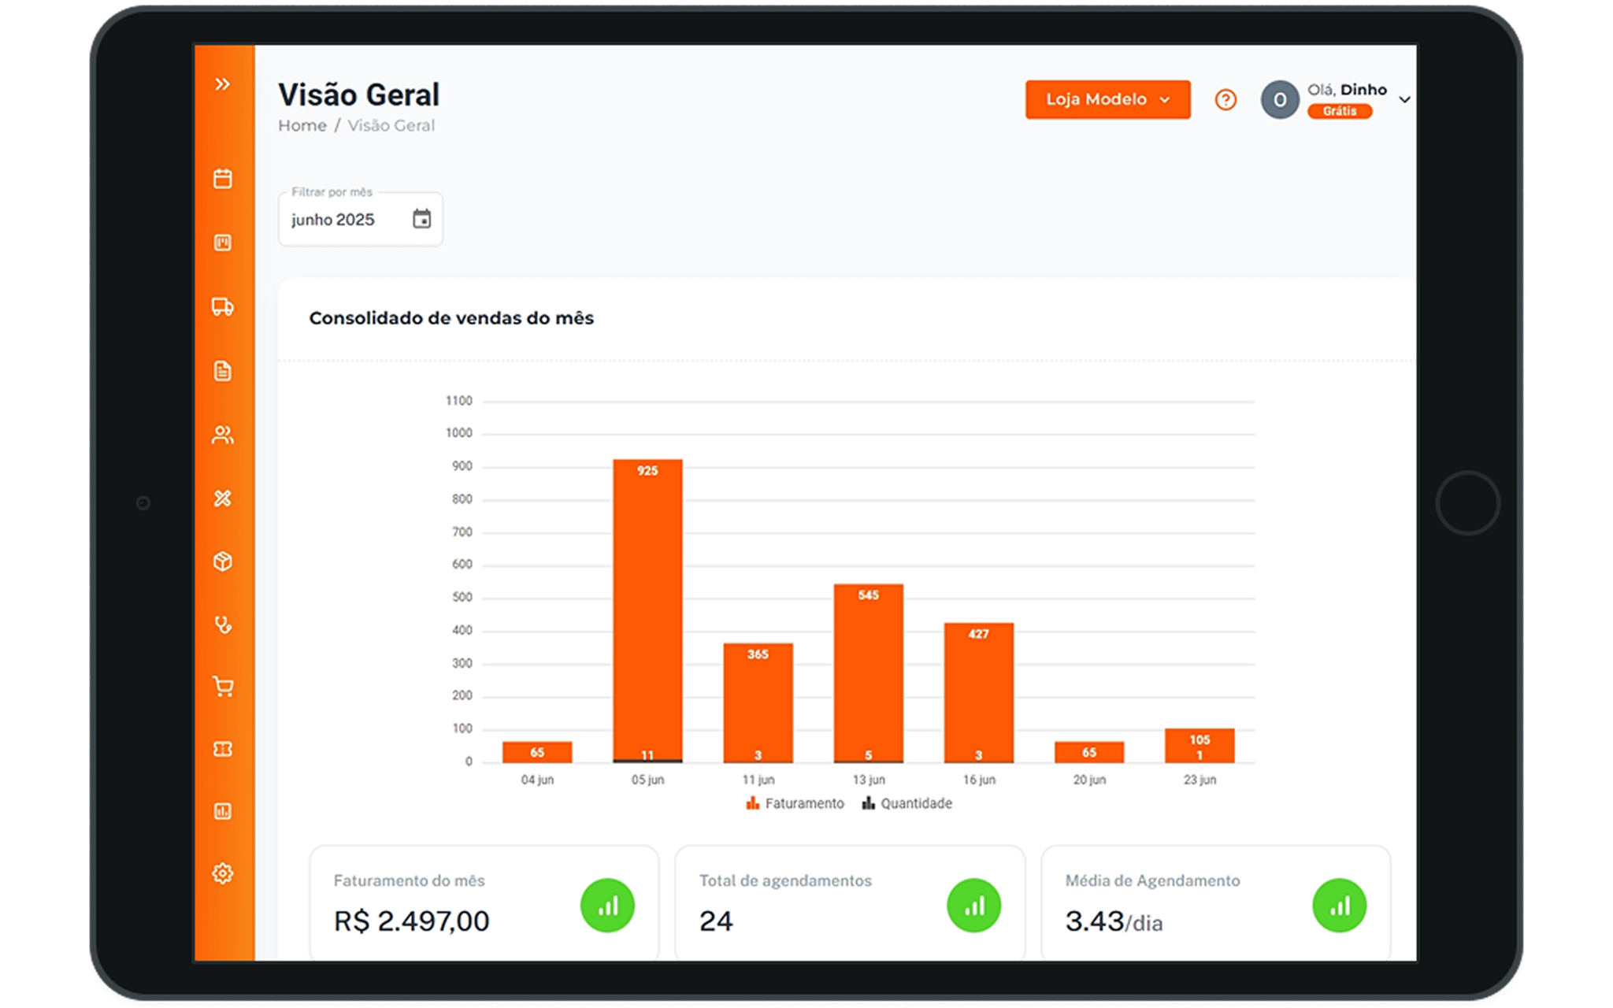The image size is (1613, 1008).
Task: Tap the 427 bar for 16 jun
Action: (978, 693)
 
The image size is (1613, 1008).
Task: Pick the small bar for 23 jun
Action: (1199, 745)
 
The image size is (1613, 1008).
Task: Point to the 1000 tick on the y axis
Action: (458, 433)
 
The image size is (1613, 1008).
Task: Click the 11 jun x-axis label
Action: (758, 780)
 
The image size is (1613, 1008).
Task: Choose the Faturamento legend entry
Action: (795, 803)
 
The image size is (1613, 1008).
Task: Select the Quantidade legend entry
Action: (907, 803)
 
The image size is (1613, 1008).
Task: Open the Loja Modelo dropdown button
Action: (1107, 99)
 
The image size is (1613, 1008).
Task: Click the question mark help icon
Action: (1226, 99)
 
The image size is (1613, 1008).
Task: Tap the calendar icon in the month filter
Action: (422, 219)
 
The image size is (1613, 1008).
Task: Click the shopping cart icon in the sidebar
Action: (223, 687)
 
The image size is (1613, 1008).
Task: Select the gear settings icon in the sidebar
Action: (223, 873)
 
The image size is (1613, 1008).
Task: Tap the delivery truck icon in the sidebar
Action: (223, 306)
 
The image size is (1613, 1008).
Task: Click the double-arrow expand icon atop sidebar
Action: (223, 84)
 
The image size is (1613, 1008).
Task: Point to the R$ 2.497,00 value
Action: (411, 921)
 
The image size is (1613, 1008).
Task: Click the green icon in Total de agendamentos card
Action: (973, 906)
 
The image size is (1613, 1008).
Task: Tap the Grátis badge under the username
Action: (1339, 111)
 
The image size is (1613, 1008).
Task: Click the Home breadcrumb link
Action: (302, 126)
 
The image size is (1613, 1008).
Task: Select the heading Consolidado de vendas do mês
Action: (451, 318)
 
